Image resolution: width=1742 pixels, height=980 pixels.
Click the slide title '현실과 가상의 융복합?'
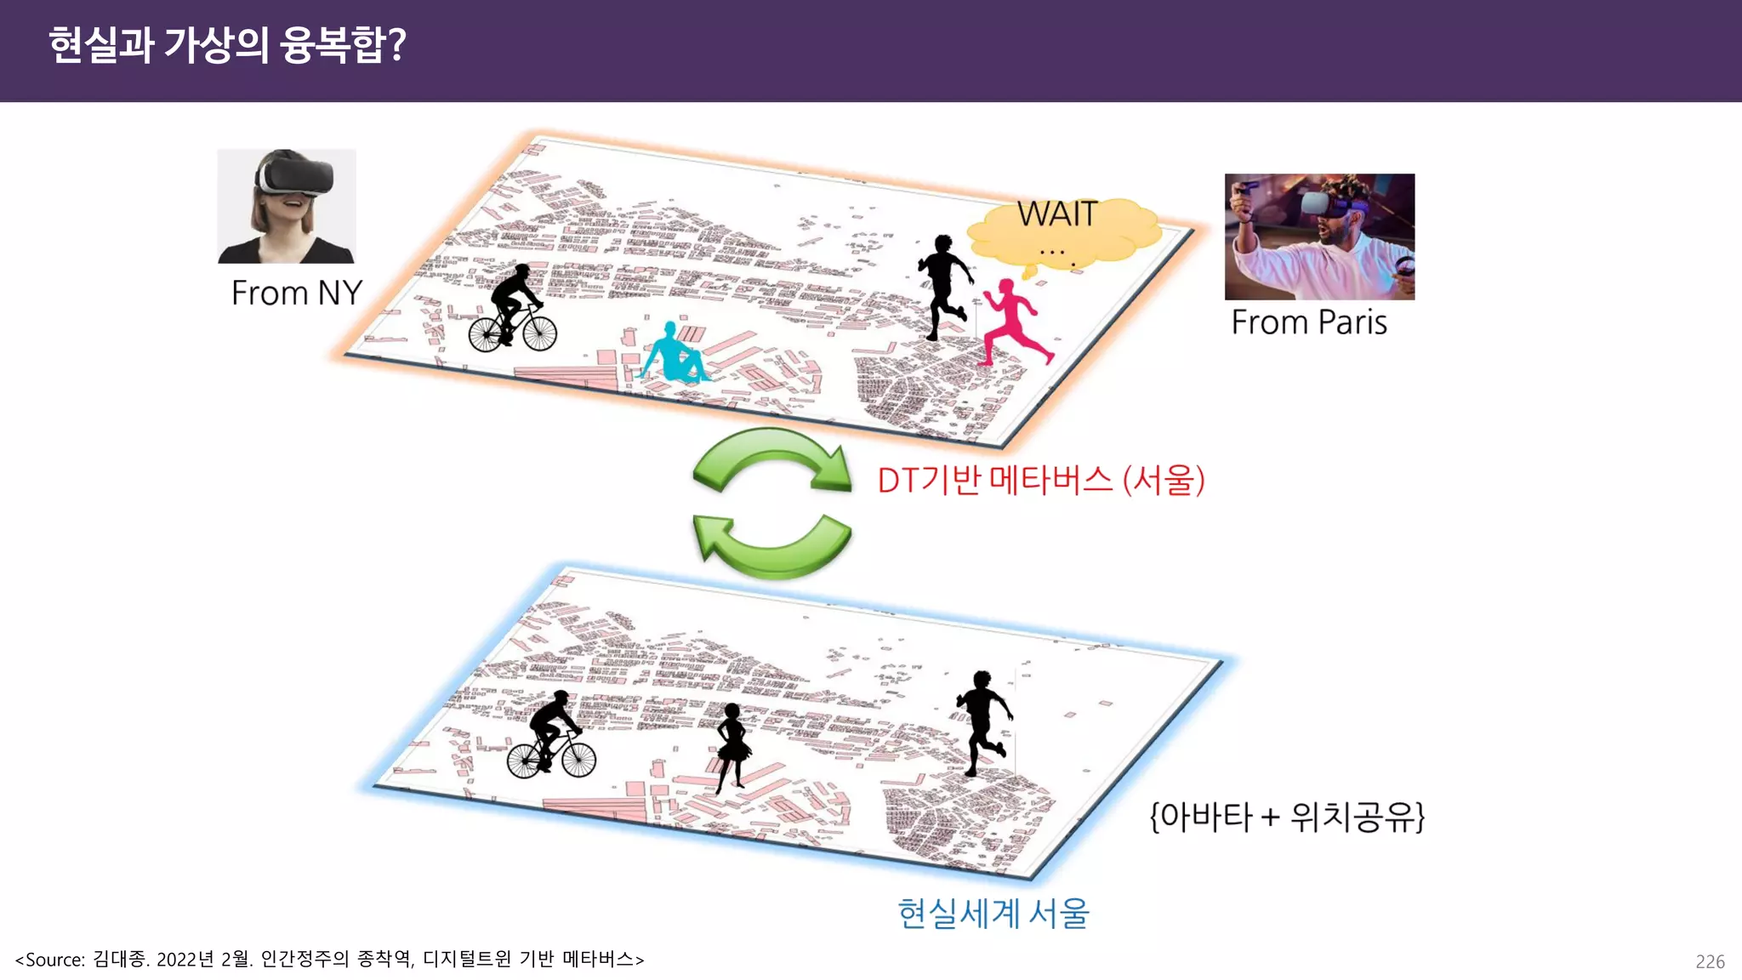point(227,45)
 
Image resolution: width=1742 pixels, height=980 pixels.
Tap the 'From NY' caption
point(297,293)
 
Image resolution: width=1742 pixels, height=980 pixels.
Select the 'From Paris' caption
point(1309,323)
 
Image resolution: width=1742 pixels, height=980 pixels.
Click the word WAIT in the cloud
point(1057,214)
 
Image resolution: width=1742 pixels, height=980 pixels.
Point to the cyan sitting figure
point(674,353)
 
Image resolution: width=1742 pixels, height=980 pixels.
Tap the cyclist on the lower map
point(552,737)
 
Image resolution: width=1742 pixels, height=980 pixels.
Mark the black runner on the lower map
point(983,721)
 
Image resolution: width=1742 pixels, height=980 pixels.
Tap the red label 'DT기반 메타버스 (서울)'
point(1040,481)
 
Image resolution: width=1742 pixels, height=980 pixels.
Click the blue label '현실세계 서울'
point(993,914)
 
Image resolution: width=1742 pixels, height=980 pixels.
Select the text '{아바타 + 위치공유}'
point(1286,817)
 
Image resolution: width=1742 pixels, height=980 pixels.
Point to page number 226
point(1710,961)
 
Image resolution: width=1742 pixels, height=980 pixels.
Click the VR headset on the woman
point(295,177)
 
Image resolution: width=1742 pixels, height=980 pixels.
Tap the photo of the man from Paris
point(1319,236)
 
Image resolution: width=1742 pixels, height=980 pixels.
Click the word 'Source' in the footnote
point(54,960)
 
